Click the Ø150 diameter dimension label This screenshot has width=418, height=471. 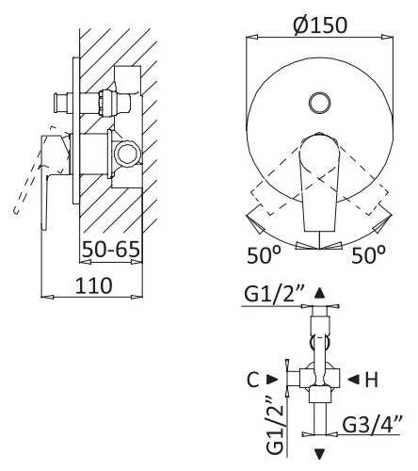coord(320,25)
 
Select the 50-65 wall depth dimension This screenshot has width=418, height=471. coord(111,250)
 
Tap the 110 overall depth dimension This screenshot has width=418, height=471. coord(93,285)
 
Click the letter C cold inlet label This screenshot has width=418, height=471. coord(253,380)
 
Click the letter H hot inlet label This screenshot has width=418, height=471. coord(372,380)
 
